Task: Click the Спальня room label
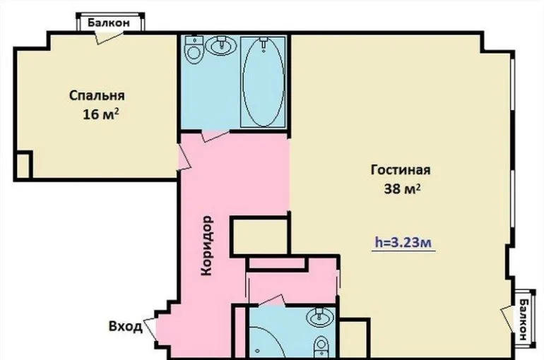97,95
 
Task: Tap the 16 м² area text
101,114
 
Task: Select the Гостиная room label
401,170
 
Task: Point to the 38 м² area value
403,189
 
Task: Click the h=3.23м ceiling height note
403,243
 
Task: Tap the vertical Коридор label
207,246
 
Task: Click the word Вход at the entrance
126,327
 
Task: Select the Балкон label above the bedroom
109,23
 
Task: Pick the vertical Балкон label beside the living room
523,320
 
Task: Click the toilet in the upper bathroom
194,49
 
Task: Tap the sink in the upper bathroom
221,45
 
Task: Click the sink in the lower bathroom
320,317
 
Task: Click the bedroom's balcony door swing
109,37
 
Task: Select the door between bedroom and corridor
184,157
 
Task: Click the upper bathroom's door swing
215,135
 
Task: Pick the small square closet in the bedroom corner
23,165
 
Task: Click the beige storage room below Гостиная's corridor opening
259,236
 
